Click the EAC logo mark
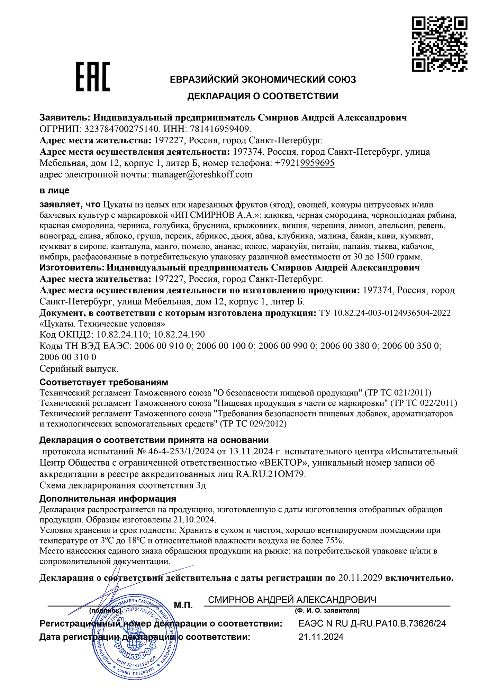tap(93, 77)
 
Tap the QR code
tap(439, 44)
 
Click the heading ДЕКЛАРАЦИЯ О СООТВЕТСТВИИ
tap(263, 96)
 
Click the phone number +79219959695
tap(305, 163)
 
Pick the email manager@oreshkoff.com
tap(202, 174)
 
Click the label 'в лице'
tap(54, 190)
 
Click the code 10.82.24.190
tap(179, 335)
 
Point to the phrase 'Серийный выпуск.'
tap(79, 369)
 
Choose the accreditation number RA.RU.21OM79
tap(271, 474)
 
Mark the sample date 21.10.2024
tap(194, 520)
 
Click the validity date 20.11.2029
tap(360, 578)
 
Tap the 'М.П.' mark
tap(183, 605)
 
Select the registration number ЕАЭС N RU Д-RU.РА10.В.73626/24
tap(372, 624)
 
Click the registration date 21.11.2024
tap(321, 637)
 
